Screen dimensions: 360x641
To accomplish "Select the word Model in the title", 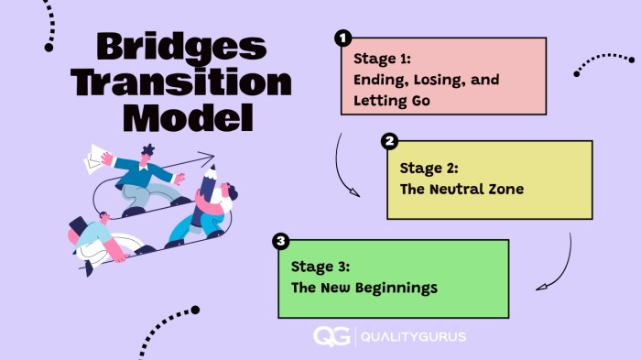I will click(x=187, y=117).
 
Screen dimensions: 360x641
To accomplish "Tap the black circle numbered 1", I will click(x=342, y=38).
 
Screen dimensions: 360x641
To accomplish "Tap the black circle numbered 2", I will click(x=389, y=141).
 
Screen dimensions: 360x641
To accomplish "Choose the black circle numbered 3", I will click(x=281, y=242).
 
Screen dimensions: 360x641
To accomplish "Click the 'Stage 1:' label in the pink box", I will click(x=383, y=58).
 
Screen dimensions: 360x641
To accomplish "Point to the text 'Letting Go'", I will click(x=392, y=101).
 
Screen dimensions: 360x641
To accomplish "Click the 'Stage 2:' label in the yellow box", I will click(x=429, y=169).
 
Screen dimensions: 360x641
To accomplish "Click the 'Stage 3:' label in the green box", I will click(x=320, y=267).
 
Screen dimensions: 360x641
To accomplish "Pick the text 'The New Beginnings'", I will click(x=364, y=288).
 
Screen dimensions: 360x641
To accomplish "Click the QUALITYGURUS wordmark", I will click(x=415, y=336).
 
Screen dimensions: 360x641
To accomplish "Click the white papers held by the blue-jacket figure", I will click(x=94, y=159).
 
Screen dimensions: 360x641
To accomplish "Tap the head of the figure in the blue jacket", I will click(x=148, y=151).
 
